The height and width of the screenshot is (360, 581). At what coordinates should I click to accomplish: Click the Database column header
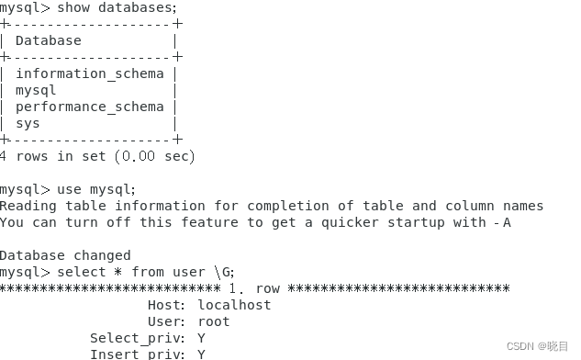(x=48, y=40)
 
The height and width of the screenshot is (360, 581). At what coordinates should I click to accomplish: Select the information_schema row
(x=89, y=73)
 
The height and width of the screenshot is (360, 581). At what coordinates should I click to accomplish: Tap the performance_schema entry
(x=89, y=107)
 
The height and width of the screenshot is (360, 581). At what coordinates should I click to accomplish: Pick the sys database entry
(x=28, y=123)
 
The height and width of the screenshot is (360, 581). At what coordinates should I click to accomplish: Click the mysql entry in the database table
(x=36, y=90)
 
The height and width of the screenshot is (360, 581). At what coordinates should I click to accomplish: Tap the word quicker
(x=364, y=222)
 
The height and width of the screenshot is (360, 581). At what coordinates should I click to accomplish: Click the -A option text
(x=502, y=222)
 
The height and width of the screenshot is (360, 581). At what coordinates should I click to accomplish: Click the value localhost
(x=234, y=305)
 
